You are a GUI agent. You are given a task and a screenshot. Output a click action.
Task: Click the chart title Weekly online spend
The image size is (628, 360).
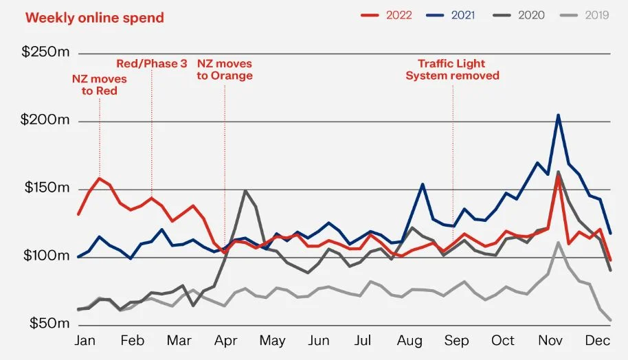point(95,18)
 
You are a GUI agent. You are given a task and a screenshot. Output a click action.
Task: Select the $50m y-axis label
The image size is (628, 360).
point(49,323)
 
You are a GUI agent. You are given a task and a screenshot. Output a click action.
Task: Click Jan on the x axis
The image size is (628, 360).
point(85,341)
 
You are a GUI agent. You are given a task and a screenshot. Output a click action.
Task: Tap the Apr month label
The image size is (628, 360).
point(226,341)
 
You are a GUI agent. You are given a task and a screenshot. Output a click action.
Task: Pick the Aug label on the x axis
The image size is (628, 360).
point(410,341)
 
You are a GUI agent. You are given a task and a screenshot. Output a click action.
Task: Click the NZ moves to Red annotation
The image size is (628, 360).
point(100,85)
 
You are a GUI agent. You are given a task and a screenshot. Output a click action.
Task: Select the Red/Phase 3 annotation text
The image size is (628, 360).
point(151,63)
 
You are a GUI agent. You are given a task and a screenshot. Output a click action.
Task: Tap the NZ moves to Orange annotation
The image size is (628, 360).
point(225,69)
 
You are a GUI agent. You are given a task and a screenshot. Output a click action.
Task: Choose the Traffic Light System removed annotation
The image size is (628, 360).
point(452,69)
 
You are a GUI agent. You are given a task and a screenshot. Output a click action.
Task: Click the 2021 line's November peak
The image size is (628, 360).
point(558,115)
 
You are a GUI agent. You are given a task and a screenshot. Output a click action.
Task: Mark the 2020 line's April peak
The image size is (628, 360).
point(245,190)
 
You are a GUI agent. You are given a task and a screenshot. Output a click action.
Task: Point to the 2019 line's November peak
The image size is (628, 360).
point(559,242)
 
